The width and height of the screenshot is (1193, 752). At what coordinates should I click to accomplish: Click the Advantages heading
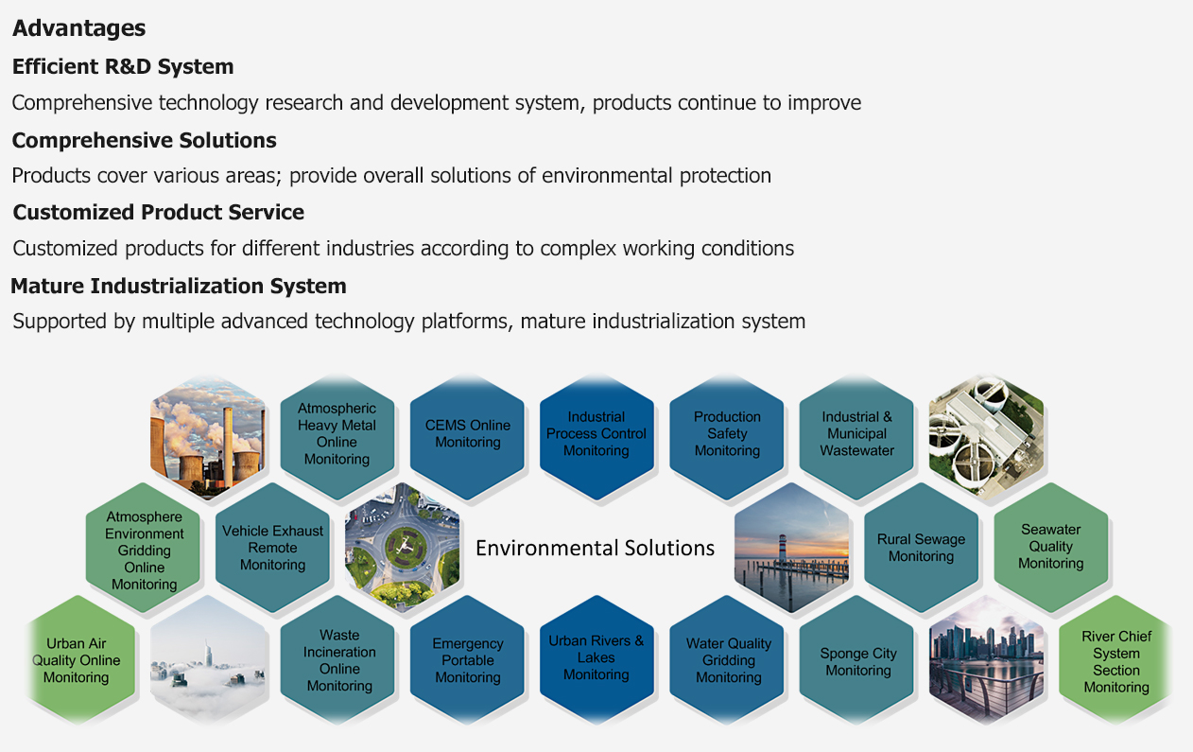pyautogui.click(x=78, y=28)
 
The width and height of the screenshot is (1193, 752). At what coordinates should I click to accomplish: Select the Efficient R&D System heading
pyautogui.click(x=123, y=66)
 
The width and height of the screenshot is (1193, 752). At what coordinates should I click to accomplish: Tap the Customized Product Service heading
pyautogui.click(x=159, y=212)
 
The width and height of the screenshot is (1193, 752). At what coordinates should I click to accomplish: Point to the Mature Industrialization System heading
pyautogui.click(x=179, y=286)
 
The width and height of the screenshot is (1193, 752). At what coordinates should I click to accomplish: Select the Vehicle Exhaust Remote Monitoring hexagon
pyautogui.click(x=272, y=548)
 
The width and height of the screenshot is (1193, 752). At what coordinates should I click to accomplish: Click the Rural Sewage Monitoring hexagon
pyautogui.click(x=922, y=548)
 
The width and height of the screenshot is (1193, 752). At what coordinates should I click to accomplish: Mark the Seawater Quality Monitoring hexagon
pyautogui.click(x=1051, y=548)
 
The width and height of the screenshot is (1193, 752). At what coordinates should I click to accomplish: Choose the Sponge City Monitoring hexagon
pyautogui.click(x=856, y=660)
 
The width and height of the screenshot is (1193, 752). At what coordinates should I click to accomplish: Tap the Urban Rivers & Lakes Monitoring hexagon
pyautogui.click(x=596, y=660)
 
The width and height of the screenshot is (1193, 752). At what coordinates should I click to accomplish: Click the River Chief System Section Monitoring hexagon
pyautogui.click(x=1115, y=660)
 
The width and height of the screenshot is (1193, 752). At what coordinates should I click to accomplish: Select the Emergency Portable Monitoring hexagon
pyautogui.click(x=467, y=660)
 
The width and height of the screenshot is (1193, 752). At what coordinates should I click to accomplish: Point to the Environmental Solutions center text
pyautogui.click(x=595, y=548)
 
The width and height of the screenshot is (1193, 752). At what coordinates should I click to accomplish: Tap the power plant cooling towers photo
pyautogui.click(x=208, y=437)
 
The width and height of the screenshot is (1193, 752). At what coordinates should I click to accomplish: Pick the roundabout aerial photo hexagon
pyautogui.click(x=402, y=548)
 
